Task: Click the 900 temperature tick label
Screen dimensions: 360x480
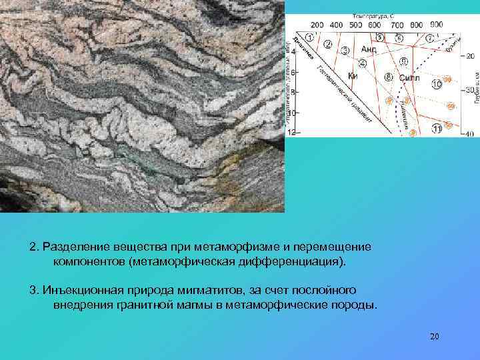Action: pos(436,25)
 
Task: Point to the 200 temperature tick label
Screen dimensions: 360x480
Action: pos(317,25)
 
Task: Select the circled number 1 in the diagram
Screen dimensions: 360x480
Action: pos(311,38)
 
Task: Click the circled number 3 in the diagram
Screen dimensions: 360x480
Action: pos(345,51)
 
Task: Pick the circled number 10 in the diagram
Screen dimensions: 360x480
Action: pos(437,85)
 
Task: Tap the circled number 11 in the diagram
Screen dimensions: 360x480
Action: pos(437,128)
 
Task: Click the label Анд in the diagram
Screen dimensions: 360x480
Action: pos(369,49)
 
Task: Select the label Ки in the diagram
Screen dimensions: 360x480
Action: pos(353,76)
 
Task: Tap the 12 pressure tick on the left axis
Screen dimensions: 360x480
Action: pos(291,133)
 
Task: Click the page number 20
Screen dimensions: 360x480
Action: pos(435,336)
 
